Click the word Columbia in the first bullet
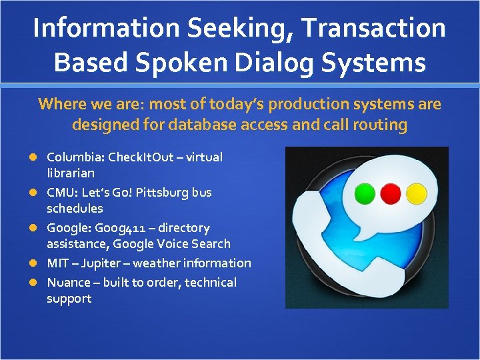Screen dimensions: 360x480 tap(75, 157)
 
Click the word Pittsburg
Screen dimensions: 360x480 tap(161, 193)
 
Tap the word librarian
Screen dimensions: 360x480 tap(70, 173)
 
